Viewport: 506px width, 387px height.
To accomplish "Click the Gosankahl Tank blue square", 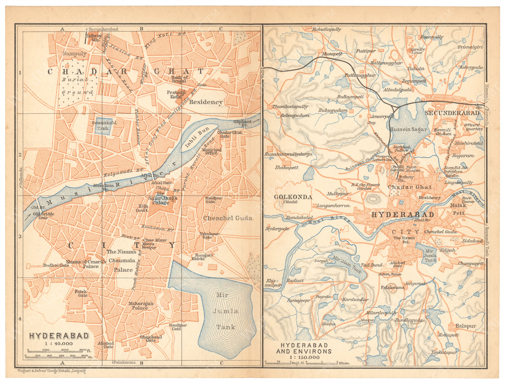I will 103,127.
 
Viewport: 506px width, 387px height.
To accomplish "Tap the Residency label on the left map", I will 205,102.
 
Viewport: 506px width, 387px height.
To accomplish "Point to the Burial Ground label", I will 78,86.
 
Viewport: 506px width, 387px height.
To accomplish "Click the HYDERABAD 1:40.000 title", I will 59,336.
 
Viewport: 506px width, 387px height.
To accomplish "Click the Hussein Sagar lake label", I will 408,130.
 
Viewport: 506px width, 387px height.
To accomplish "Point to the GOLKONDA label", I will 293,197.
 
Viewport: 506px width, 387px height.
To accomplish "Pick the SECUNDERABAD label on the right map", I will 452,113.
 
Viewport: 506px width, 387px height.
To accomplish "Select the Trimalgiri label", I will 470,47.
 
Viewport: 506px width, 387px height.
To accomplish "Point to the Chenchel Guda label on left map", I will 227,218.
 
